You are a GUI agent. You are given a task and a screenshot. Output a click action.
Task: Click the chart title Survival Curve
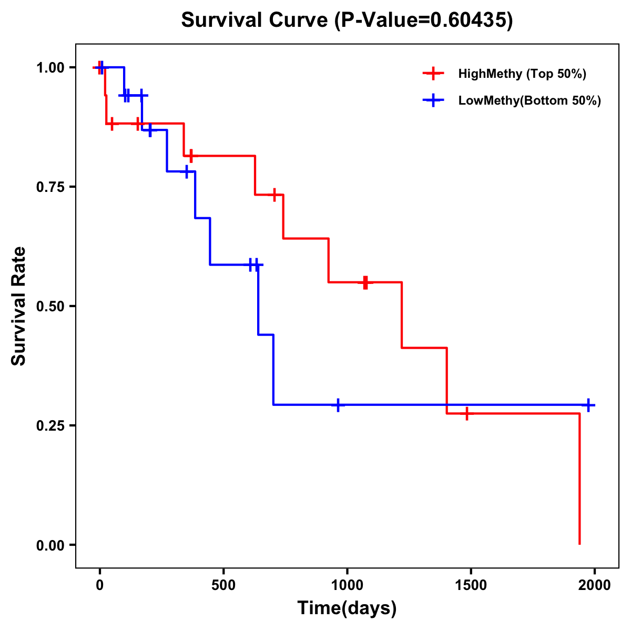(x=256, y=21)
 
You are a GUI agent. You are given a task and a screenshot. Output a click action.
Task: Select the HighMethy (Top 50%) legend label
(x=522, y=74)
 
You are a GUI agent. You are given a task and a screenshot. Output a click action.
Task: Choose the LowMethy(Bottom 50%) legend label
(x=530, y=100)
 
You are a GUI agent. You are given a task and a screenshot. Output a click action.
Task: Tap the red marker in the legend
(x=433, y=74)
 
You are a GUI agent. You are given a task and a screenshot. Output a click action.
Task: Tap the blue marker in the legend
(x=433, y=100)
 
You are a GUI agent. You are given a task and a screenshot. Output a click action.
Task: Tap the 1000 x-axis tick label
(x=347, y=585)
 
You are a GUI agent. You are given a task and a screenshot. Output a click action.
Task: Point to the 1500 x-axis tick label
(x=471, y=585)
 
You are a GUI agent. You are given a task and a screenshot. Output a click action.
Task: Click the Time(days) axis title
(x=347, y=608)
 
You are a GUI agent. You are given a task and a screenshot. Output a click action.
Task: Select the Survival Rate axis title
(x=19, y=306)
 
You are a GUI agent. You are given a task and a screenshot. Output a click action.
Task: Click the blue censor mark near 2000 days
(x=589, y=405)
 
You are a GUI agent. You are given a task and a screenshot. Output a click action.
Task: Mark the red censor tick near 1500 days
(x=466, y=414)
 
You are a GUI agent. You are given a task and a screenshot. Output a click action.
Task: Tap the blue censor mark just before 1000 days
(x=338, y=405)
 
